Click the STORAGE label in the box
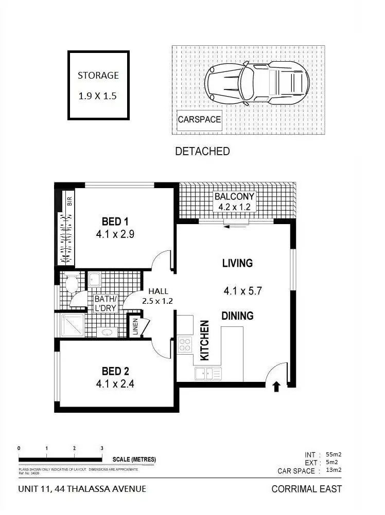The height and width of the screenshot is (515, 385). tap(98, 75)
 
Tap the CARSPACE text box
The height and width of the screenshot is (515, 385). tap(199, 120)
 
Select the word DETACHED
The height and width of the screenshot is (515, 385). tap(202, 152)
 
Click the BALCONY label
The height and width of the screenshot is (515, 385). tap(234, 197)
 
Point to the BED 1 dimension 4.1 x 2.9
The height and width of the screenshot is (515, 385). tap(115, 234)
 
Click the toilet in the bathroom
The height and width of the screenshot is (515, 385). tap(71, 284)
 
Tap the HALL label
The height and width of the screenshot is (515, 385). tap(158, 291)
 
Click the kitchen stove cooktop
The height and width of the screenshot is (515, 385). tap(184, 345)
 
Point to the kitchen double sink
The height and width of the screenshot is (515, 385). tap(207, 374)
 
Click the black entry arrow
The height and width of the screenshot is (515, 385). tap(276, 387)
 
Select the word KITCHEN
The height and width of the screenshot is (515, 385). tap(204, 340)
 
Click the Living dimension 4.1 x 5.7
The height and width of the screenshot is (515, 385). tap(243, 291)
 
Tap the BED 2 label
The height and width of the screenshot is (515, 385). tap(115, 371)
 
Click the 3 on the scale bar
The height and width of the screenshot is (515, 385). tap(102, 448)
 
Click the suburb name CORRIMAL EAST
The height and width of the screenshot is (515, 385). tap(306, 489)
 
